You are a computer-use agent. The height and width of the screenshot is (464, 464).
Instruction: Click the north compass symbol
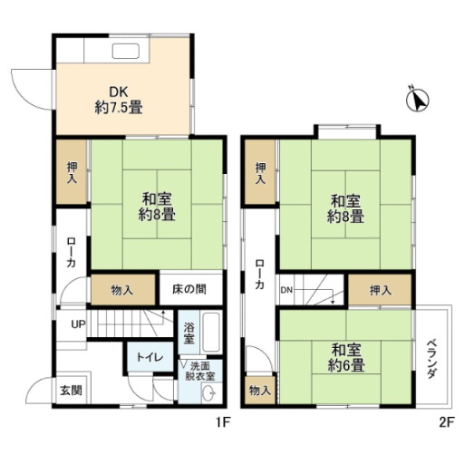[x=418, y=100]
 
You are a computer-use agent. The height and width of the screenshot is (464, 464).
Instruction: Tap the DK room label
[x=119, y=100]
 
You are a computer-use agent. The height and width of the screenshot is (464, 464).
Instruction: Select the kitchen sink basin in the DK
[x=126, y=51]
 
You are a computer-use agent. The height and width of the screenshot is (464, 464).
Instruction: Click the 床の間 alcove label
[x=189, y=289]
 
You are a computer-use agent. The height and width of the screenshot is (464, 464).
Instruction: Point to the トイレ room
[x=150, y=357]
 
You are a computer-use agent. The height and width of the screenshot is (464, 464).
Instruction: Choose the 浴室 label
[x=189, y=333]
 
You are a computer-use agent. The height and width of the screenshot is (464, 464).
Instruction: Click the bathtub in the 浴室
[x=211, y=332]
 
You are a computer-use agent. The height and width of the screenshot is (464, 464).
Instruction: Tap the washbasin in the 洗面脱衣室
[x=208, y=393]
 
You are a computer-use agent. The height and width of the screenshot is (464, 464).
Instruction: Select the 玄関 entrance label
[x=71, y=391]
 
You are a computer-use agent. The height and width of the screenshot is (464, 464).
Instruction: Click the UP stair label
[x=78, y=324]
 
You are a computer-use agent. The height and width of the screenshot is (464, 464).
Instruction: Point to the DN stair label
[x=286, y=290]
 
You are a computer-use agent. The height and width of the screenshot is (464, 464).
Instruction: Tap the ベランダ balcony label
[x=432, y=360]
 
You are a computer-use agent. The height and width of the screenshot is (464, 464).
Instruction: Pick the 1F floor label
[x=223, y=422]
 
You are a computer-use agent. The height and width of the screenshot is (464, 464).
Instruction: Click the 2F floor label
[x=447, y=422]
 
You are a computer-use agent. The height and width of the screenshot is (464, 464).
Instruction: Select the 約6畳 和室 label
[x=346, y=358]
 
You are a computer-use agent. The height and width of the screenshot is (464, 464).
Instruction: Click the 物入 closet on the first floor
[x=123, y=290]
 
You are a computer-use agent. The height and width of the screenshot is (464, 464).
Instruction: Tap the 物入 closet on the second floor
[x=260, y=391]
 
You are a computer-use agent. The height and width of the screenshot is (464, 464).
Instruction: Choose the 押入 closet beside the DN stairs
[x=380, y=290]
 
